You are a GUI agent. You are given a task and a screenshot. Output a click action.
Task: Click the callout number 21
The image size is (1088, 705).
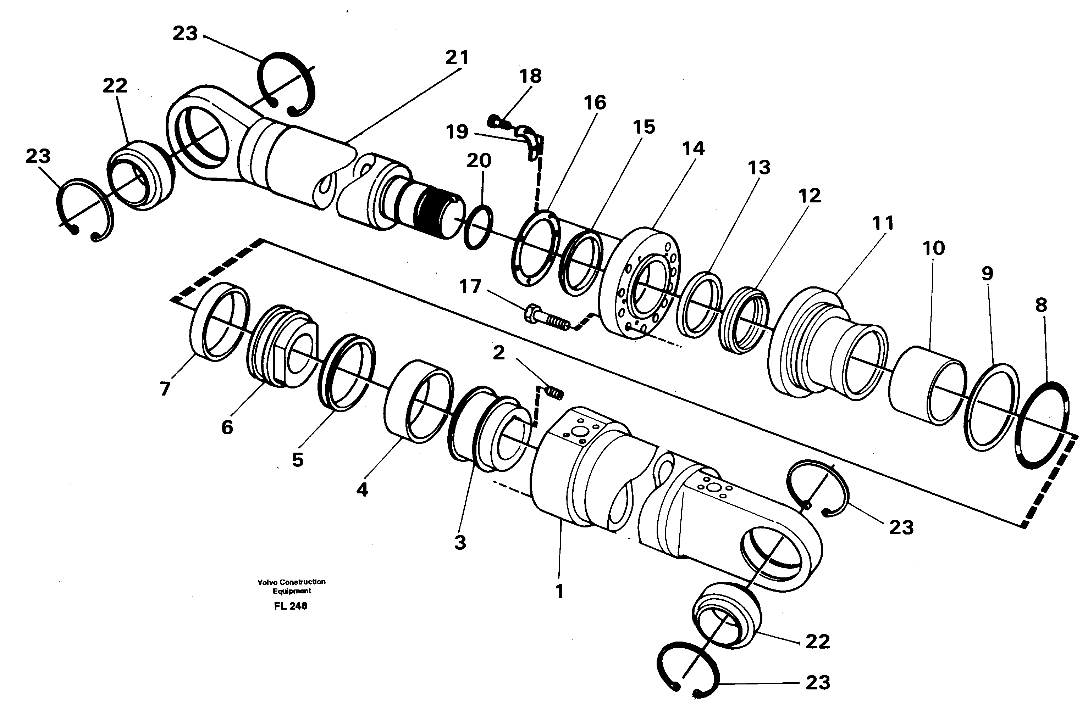(457, 58)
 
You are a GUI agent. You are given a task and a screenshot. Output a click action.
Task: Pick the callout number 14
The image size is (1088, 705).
(693, 149)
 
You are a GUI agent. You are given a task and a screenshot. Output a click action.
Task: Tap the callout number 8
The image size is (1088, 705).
(1041, 305)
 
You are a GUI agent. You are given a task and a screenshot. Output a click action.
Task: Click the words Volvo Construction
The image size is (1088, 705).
(292, 582)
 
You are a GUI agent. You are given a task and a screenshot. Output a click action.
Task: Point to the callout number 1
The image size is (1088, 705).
(559, 591)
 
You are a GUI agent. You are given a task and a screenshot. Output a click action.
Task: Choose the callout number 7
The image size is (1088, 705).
(165, 389)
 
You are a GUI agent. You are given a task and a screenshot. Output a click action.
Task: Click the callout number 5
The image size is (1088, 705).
(298, 460)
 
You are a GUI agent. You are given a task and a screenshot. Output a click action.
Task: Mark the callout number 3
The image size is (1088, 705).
(460, 543)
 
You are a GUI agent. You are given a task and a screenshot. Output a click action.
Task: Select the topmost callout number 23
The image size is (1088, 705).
(185, 33)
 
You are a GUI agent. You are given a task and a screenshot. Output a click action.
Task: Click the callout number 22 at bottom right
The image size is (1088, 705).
(817, 642)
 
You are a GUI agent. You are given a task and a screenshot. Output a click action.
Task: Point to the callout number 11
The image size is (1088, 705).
(882, 223)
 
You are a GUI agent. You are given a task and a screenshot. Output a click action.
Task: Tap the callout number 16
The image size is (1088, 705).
(594, 103)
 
